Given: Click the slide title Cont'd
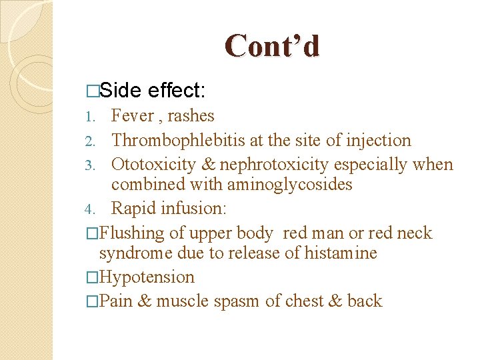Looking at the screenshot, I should coord(272,47).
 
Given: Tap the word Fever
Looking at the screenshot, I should coord(133,116).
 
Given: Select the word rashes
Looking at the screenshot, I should coord(191,116).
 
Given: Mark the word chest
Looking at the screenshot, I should coord(304,301).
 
